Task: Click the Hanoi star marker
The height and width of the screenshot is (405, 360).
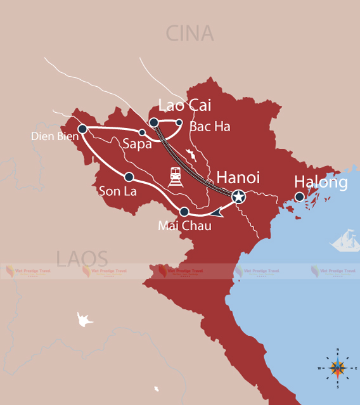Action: pos(238,197)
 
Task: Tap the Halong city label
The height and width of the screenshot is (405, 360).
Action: pos(321,183)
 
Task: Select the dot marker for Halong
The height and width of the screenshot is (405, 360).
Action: pos(300,196)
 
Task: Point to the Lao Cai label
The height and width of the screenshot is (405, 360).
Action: pos(184,105)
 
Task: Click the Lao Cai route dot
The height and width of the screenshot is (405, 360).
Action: pos(153,122)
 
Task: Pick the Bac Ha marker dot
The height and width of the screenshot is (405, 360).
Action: pos(179,122)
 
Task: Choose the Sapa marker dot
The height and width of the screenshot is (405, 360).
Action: pos(143,132)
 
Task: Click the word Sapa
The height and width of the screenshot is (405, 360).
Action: pos(138,144)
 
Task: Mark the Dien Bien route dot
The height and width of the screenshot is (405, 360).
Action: pos(82,129)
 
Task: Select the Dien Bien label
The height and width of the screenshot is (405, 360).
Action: pos(49,136)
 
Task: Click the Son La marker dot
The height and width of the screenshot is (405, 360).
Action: pos(129,177)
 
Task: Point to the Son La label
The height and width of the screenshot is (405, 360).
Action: pos(118,190)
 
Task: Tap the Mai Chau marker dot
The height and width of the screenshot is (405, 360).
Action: pos(184,212)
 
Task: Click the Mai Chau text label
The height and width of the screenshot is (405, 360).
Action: pos(184,226)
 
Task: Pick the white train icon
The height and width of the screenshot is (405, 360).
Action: pos(176,176)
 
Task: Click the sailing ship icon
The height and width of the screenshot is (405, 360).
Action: pos(345,241)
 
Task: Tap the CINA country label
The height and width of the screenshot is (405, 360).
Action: pos(190,33)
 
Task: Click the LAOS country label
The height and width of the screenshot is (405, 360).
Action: pos(82,259)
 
